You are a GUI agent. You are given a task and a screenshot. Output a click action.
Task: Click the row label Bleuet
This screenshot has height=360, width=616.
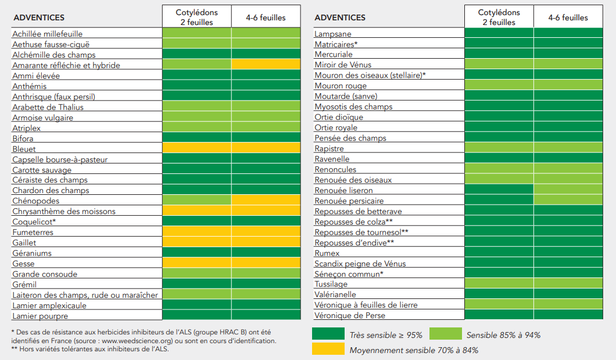pos(24,149)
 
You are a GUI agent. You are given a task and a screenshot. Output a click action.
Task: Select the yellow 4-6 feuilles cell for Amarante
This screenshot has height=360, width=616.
pos(266,64)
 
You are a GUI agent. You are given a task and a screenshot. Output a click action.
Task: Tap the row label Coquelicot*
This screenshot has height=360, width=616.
pos(34,222)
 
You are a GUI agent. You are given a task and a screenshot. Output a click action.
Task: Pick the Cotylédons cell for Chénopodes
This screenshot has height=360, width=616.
pos(197,200)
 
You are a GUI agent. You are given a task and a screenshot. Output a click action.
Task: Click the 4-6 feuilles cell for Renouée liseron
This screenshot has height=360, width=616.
pos(568,190)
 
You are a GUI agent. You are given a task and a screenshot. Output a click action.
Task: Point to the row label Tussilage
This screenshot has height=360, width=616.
pos(331,284)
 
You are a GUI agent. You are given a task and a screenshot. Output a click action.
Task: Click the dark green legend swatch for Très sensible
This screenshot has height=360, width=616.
pos(328,334)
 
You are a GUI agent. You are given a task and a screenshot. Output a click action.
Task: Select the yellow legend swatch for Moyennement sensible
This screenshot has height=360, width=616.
pos(328,348)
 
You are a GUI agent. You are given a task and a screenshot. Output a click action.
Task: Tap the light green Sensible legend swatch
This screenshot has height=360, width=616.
pos(446,334)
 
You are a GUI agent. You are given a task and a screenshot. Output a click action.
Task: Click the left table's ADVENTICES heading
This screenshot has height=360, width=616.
pos(39,17)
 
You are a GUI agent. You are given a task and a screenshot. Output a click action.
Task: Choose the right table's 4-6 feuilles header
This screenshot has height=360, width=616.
pos(568,17)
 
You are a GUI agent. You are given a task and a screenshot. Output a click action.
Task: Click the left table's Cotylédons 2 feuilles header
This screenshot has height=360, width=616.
pos(197,17)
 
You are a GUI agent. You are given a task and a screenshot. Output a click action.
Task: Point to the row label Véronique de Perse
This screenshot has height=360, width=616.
pos(350,315)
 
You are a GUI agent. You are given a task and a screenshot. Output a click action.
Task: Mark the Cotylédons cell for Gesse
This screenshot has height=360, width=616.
pos(197,262)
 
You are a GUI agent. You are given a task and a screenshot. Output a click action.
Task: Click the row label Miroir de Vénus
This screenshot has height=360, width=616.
pos(343,65)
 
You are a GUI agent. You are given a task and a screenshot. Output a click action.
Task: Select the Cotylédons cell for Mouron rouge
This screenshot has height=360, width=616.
pos(499,84)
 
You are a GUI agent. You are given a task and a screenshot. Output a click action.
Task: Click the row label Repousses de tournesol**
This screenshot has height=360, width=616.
pos(361,232)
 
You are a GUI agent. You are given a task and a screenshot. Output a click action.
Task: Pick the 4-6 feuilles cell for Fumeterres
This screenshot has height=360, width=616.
pos(266,231)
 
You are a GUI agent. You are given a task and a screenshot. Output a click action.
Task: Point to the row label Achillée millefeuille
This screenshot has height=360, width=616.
pos(48,34)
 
